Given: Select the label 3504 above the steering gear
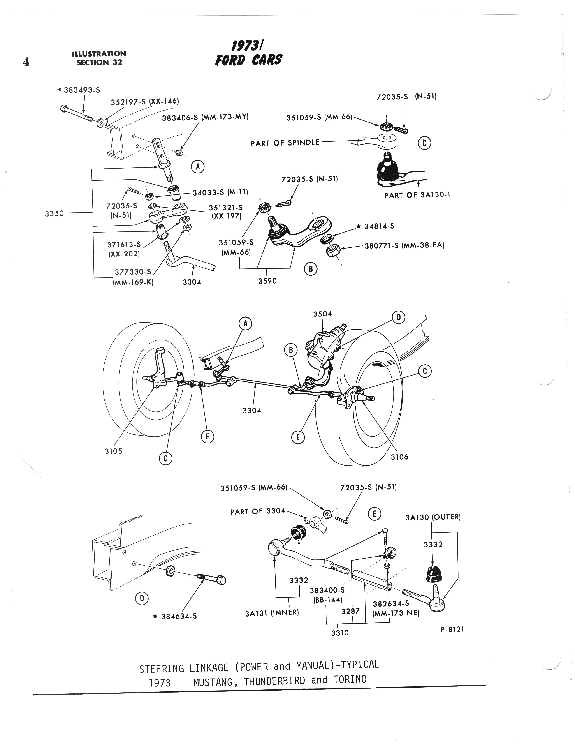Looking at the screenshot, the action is tap(322, 314).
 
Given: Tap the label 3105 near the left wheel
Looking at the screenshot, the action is tap(114, 451).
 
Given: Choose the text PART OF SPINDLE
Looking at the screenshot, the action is tap(285, 143).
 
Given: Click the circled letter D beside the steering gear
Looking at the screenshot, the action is tap(398, 318).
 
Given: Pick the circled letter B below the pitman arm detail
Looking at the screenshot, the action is tap(311, 269).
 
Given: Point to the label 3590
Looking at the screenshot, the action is tap(267, 281).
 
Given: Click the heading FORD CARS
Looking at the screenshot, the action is tap(249, 60).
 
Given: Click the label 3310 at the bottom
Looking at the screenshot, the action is tap(340, 633).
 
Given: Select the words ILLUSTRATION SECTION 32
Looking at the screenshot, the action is tap(99, 58).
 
